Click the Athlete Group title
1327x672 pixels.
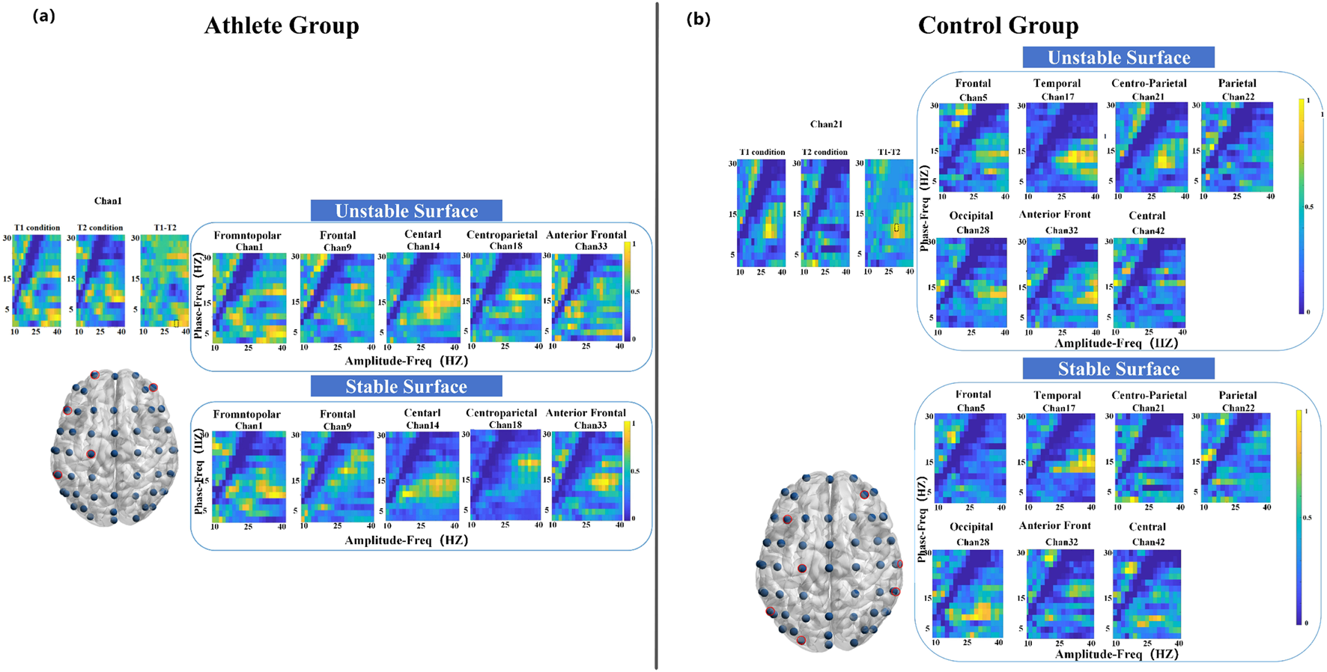[282, 25]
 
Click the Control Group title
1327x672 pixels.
[998, 25]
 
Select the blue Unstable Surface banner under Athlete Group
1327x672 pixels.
[406, 211]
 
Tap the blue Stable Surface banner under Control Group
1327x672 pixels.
[1118, 369]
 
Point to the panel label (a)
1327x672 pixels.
[43, 16]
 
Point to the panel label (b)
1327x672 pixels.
[698, 19]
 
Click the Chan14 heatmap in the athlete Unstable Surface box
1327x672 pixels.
[423, 298]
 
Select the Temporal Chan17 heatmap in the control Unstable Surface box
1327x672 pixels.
[1061, 148]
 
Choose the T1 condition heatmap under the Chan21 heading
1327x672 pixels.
[762, 213]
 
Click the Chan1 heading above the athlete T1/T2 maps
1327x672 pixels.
[108, 201]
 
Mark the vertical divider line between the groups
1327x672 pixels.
[657, 336]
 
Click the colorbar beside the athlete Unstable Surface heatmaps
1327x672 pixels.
[628, 292]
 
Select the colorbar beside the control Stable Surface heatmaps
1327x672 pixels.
[1299, 516]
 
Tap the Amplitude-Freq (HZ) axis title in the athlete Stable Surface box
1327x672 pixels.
[406, 540]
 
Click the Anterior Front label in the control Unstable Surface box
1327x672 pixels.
[1054, 215]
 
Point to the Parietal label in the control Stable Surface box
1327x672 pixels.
[1237, 395]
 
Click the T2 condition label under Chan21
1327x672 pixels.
[825, 152]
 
